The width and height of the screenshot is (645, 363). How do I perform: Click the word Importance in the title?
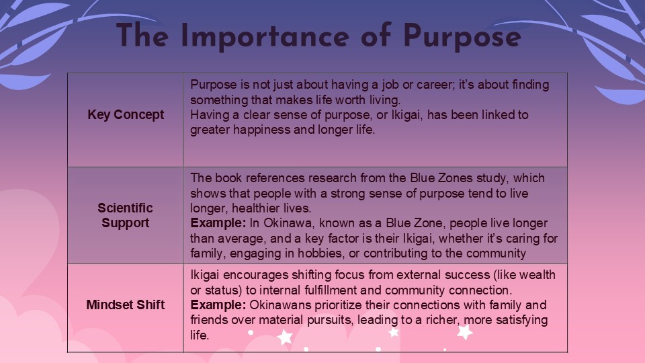tap(265, 36)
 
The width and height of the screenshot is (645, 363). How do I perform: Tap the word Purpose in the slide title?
tap(462, 37)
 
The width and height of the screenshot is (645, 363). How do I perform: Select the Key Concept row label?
tap(126, 114)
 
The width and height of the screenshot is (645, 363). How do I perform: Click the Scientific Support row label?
tap(126, 215)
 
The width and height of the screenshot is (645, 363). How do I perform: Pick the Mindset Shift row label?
tap(126, 305)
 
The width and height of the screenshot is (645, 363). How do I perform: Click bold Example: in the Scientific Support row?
tap(218, 223)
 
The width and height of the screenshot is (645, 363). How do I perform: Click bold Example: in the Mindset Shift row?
tap(218, 305)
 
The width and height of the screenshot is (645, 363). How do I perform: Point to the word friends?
tap(209, 320)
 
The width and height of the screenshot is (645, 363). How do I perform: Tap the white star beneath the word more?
tap(465, 331)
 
